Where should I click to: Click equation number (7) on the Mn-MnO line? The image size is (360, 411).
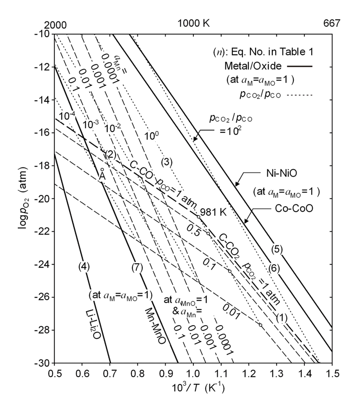coord(136,267)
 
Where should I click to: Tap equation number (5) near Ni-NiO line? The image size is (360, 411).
coord(277,249)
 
